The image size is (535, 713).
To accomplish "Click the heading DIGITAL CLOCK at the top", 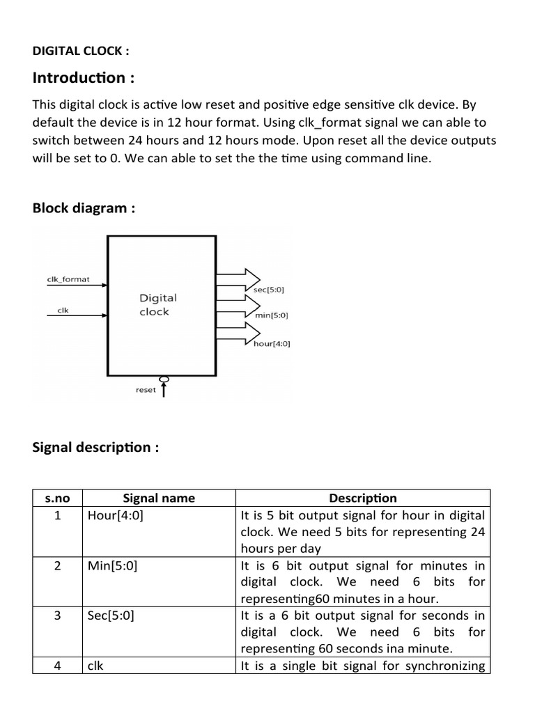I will click(x=81, y=51).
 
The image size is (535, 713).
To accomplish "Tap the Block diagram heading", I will click(x=84, y=207).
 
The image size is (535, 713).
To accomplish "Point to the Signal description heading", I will click(x=95, y=447).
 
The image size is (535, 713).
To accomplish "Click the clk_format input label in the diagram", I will click(x=68, y=279).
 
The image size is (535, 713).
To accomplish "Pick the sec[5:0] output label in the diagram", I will click(x=270, y=288).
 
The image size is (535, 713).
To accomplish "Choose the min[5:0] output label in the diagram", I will click(x=272, y=315).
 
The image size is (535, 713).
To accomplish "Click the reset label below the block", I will click(x=146, y=390).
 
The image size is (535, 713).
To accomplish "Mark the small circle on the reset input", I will click(x=164, y=379).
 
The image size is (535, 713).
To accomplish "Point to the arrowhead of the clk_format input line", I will click(x=104, y=285).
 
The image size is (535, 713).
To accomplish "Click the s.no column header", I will click(x=57, y=498).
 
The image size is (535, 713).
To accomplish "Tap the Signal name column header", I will click(x=159, y=498).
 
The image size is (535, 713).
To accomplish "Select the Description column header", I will click(x=363, y=498).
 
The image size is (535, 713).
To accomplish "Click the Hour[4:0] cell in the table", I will click(x=116, y=516).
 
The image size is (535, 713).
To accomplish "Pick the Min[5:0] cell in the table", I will click(x=113, y=566).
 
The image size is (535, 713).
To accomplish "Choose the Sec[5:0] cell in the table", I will click(x=111, y=616).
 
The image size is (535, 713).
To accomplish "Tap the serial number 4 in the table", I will click(x=58, y=666).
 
